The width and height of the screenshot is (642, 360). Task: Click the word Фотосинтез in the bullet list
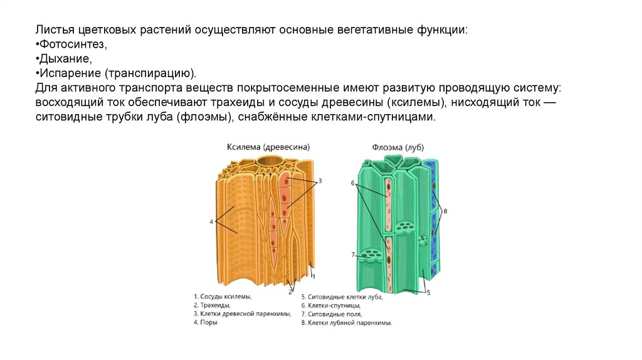[x=72, y=45]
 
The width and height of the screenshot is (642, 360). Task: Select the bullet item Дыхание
[x=66, y=59]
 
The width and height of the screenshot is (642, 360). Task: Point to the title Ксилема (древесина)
[x=268, y=147]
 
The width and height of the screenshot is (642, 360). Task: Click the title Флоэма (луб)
[x=397, y=147]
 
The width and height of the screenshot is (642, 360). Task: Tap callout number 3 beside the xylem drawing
[x=320, y=181]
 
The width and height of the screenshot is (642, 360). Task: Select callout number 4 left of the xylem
[x=211, y=221]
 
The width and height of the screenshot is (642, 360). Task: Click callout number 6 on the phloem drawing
[x=353, y=183]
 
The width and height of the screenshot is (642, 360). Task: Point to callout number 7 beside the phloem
[x=353, y=255]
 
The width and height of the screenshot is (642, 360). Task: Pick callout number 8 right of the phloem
[x=445, y=211]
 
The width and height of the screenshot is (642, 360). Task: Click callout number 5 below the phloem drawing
[x=428, y=292]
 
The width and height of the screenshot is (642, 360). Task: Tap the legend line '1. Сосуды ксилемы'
[x=223, y=296]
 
